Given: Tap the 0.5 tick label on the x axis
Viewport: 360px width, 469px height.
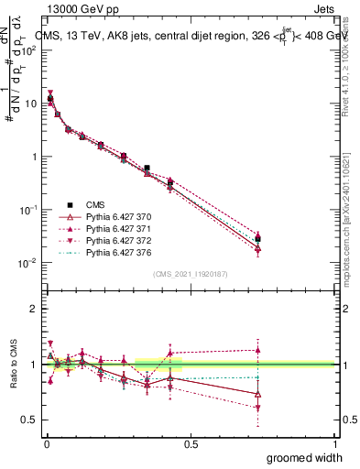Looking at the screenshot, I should tap(190, 443).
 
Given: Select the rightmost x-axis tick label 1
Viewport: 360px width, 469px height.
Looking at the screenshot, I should tap(334, 443).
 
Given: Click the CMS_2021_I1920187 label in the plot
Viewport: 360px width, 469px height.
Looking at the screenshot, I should tap(189, 274).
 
